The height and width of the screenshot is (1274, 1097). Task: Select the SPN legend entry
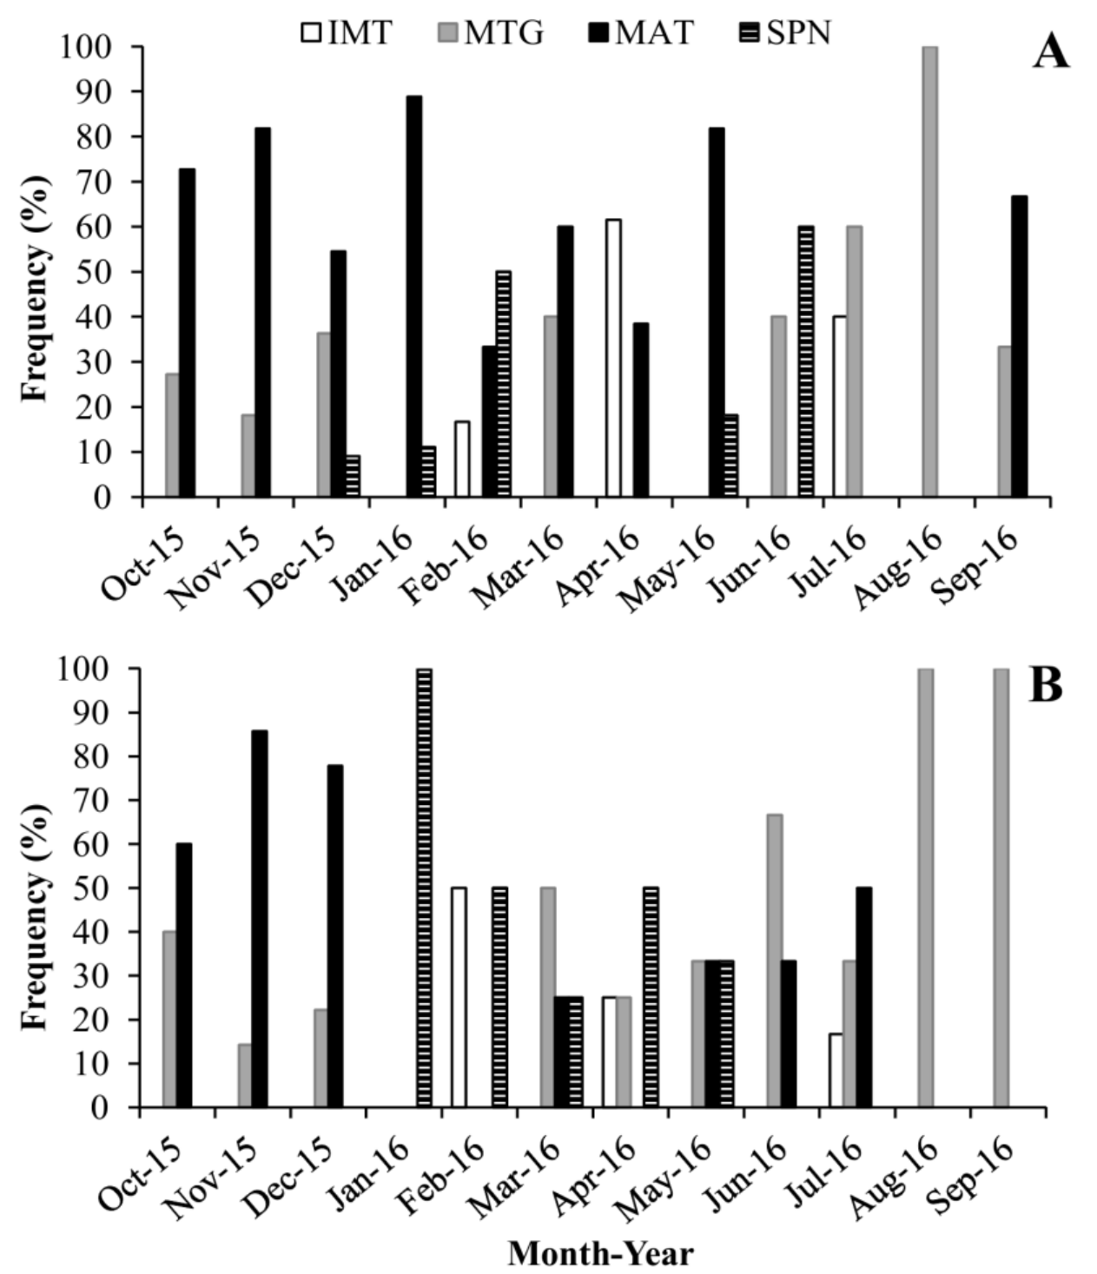[787, 33]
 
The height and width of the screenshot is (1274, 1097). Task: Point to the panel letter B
[1045, 686]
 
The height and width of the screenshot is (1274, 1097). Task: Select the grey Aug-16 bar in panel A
[929, 272]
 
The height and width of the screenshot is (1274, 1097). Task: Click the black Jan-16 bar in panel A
[414, 296]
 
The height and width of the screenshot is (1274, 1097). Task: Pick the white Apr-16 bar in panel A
[613, 358]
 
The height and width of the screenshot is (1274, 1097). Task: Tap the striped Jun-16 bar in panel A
[806, 361]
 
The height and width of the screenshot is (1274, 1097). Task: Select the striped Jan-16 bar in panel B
[424, 888]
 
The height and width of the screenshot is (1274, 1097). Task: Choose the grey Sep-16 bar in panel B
[1001, 888]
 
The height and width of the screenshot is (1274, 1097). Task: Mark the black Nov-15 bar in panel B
[260, 919]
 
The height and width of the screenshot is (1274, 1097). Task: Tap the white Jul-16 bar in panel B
[836, 1070]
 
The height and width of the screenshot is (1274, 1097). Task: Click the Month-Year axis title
[600, 1254]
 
